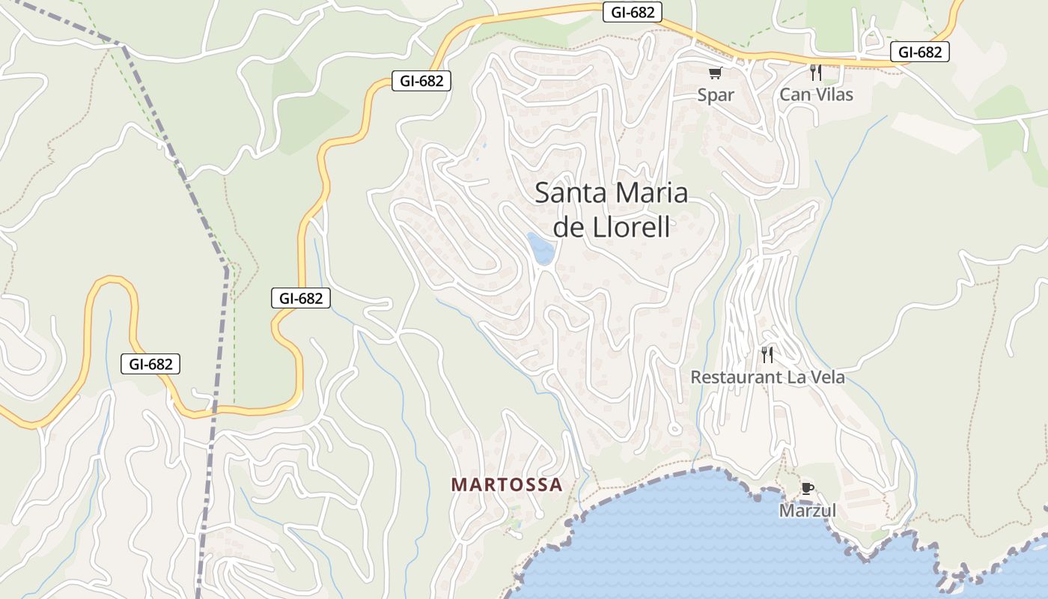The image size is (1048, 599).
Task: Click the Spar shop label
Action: point(716,95)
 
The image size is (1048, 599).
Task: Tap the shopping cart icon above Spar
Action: point(715,73)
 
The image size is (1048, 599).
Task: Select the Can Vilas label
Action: point(816,95)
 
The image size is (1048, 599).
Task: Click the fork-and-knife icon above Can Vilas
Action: point(816,73)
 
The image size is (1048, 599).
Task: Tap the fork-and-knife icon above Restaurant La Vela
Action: point(767,354)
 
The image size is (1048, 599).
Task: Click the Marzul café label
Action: point(807,511)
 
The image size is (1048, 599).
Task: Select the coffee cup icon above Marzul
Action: point(807,489)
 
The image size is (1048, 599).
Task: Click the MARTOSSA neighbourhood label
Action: point(507,485)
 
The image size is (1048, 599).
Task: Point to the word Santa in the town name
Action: point(570,193)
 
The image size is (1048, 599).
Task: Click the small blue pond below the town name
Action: point(540,249)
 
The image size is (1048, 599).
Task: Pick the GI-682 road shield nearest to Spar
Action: point(632,13)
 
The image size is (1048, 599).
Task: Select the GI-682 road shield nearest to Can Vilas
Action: point(920,52)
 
